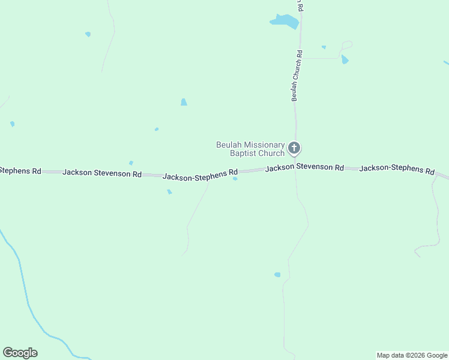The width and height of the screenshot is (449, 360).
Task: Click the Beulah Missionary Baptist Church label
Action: click(250, 149)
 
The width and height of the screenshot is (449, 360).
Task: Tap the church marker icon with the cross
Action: click(294, 148)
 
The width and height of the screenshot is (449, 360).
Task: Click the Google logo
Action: click(20, 353)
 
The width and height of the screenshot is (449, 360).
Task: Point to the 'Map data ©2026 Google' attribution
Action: click(412, 355)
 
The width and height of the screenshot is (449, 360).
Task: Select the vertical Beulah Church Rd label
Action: click(297, 75)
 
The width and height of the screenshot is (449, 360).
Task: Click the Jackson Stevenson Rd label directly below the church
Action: click(304, 167)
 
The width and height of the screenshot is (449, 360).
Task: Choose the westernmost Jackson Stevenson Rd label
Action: click(102, 173)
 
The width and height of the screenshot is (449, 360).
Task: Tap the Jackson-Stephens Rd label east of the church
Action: click(397, 170)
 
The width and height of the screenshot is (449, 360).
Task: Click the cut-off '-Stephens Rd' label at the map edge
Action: click(20, 170)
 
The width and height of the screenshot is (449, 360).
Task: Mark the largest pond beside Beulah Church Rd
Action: click(285, 22)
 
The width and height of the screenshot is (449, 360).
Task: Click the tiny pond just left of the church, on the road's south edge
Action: click(235, 178)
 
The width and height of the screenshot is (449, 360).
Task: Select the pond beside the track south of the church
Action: click(277, 275)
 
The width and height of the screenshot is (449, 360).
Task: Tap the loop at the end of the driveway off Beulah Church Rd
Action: click(346, 46)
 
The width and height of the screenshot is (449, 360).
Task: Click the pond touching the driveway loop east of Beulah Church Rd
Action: click(345, 59)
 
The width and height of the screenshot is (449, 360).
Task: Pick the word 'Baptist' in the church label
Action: click(244, 153)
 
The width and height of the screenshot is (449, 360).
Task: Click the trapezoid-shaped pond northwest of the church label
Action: click(184, 103)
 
